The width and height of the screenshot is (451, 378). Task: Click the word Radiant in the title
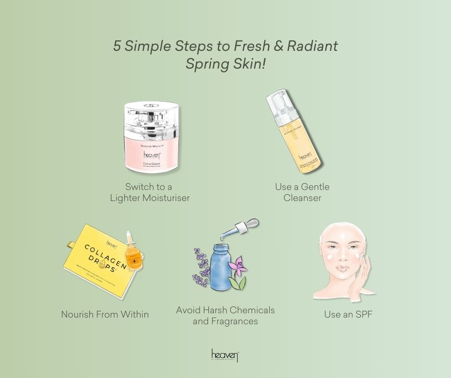coord(312,46)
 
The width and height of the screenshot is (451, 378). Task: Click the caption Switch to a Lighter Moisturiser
coord(149,192)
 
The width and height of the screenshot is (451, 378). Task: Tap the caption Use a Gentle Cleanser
coord(302,192)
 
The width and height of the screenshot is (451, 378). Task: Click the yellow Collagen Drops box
coord(98,261)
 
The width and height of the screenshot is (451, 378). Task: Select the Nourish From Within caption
coord(105,315)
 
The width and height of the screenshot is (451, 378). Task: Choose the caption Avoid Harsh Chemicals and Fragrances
coord(225,316)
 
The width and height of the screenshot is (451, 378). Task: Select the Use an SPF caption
coord(348,315)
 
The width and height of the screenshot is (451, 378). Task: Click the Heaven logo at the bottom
coord(225,355)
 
